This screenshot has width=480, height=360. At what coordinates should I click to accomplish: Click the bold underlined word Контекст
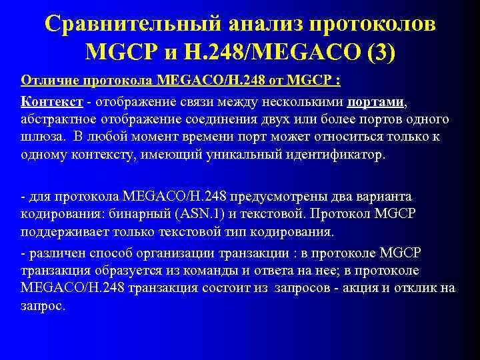pyautogui.click(x=52, y=102)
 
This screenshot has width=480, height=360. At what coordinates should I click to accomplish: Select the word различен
pyautogui.click(x=53, y=253)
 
